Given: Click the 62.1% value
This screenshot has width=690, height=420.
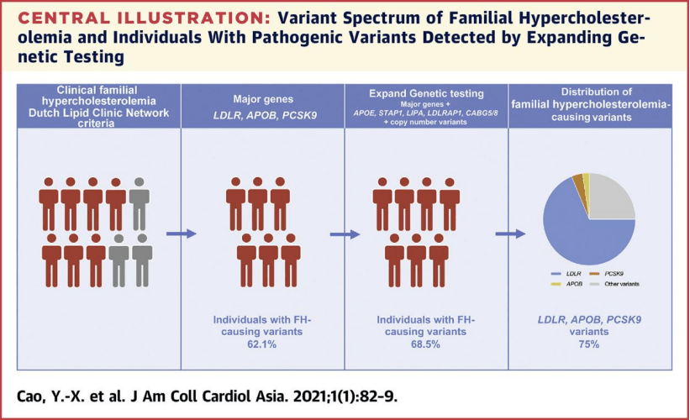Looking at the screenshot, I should (x=263, y=344).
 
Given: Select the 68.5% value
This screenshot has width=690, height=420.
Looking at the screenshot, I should (x=426, y=344).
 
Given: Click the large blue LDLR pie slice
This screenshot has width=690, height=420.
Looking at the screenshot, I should (x=580, y=235).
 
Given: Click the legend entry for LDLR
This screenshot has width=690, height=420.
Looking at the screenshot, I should (x=564, y=274).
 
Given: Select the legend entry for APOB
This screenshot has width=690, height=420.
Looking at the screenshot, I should (x=564, y=284).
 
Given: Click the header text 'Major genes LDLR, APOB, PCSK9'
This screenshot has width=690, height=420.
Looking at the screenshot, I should (x=262, y=107).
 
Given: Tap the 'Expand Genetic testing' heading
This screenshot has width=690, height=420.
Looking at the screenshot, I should (x=426, y=94).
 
